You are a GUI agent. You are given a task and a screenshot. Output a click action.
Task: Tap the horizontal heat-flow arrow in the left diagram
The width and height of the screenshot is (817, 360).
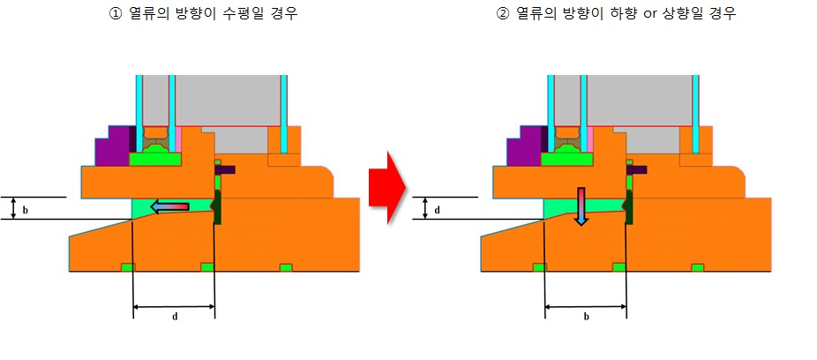coord(169,206)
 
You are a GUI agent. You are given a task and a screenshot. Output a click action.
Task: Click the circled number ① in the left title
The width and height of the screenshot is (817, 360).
coord(111,15)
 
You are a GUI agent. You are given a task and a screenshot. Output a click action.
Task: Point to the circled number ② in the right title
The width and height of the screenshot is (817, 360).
coord(503,15)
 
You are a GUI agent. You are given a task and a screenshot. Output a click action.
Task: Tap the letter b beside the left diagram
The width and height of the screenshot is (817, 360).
coord(25,210)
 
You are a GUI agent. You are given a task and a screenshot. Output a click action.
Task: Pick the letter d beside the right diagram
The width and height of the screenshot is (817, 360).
coord(437,210)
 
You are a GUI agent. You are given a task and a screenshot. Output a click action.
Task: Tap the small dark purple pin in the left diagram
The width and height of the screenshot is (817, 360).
coord(225,169)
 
